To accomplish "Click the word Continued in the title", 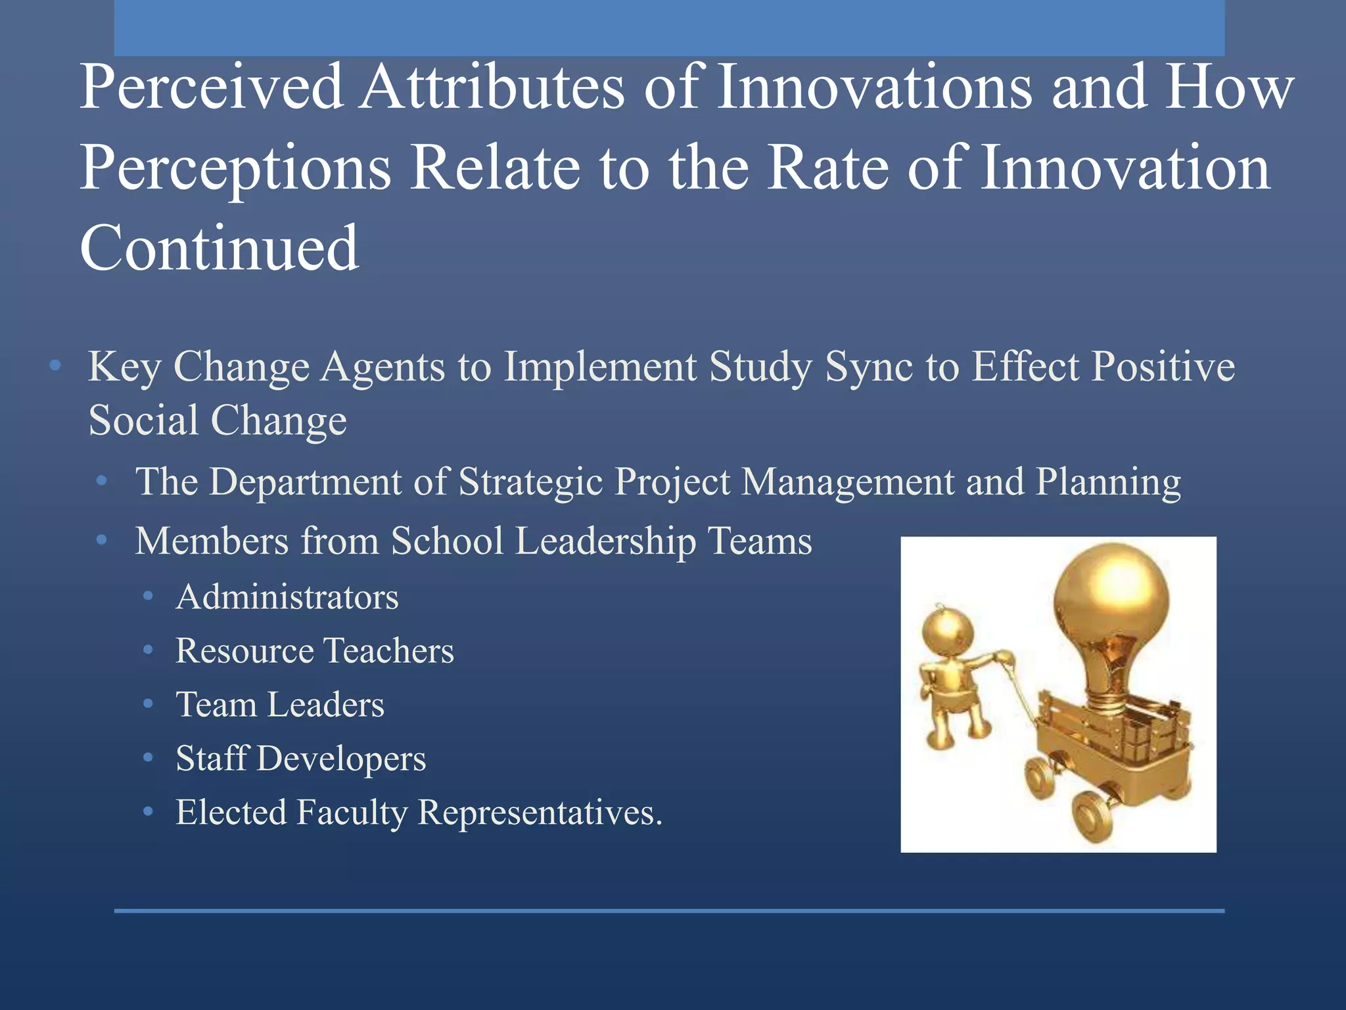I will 219,248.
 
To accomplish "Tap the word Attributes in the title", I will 493,87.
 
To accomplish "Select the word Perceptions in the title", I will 235,169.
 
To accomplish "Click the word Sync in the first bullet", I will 869,367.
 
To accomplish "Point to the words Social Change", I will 218,421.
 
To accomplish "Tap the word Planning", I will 1108,482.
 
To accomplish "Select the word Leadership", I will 605,541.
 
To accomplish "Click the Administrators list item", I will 287,597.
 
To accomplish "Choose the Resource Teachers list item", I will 314,651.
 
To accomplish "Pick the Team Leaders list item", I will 279,705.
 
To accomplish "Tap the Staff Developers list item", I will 300,759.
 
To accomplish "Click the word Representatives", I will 540,813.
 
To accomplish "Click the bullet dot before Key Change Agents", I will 56,365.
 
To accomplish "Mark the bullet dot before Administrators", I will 149,596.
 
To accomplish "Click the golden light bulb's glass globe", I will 1111,598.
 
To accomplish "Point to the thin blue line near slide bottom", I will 669,911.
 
